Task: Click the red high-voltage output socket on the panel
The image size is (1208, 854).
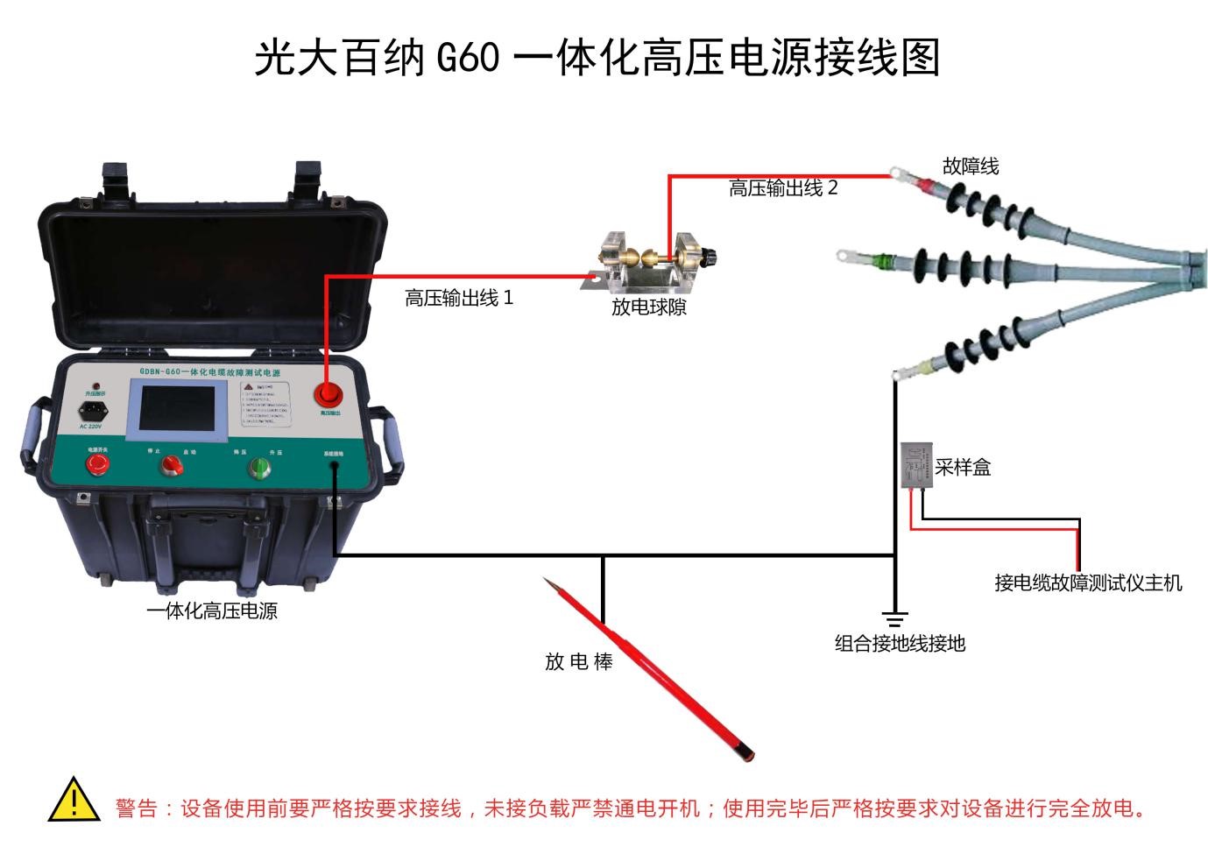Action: click(x=328, y=394)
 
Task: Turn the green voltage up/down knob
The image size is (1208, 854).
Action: click(x=259, y=468)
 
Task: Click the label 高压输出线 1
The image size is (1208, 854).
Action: click(x=459, y=299)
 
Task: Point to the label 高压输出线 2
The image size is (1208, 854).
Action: click(x=783, y=188)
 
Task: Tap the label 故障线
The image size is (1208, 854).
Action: click(x=970, y=166)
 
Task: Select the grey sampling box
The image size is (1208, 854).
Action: click(x=915, y=463)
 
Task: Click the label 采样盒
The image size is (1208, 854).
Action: click(x=963, y=467)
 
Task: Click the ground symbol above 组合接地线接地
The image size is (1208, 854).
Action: click(x=894, y=620)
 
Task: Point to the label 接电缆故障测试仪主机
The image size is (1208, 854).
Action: click(x=1088, y=582)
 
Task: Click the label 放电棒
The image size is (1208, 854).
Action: click(x=578, y=662)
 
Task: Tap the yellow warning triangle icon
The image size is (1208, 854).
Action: click(x=74, y=801)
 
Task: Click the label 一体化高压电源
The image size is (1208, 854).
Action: click(x=212, y=611)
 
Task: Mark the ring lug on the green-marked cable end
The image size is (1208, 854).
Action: click(x=846, y=257)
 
